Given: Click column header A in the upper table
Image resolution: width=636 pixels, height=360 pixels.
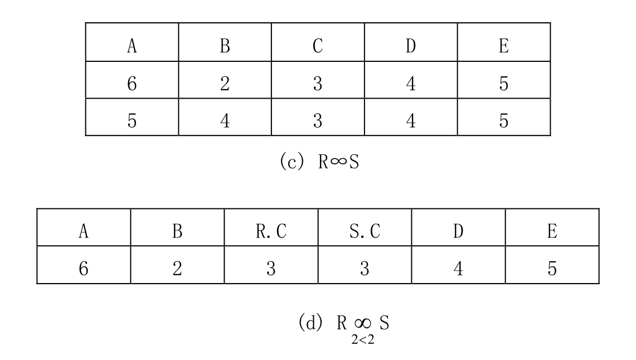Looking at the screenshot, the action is (x=132, y=46).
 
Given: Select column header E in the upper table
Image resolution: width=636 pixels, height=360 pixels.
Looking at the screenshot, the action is (x=504, y=46).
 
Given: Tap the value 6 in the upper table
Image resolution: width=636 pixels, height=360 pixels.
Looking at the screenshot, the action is (x=132, y=84).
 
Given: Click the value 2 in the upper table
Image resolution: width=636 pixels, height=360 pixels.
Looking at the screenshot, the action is (x=225, y=84).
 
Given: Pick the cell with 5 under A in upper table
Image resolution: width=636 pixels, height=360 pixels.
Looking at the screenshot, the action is (x=132, y=121).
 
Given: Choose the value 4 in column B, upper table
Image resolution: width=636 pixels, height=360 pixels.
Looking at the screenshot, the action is (x=225, y=121).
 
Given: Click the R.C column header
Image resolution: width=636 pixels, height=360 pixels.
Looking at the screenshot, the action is (x=271, y=231).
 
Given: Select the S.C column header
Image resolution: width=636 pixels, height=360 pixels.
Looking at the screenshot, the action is (x=365, y=231).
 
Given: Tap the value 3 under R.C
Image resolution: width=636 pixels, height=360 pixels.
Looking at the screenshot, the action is (x=271, y=269).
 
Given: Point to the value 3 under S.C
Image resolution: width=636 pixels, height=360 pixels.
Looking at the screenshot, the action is (x=365, y=269).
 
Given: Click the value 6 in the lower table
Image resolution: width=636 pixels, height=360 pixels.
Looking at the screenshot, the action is (x=84, y=269).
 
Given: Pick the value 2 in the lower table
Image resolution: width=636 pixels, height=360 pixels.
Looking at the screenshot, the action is (x=177, y=269).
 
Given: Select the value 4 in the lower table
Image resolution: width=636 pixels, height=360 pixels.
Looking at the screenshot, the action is (x=458, y=269).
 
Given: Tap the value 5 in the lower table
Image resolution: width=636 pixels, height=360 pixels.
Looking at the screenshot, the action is (x=552, y=269).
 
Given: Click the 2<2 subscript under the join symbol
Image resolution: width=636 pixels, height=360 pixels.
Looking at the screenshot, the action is (x=363, y=340).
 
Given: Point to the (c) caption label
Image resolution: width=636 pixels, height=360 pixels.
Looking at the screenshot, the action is (x=292, y=162).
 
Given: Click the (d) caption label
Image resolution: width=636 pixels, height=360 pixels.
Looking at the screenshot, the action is (x=310, y=323).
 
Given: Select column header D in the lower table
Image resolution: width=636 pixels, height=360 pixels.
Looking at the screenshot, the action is (x=458, y=231).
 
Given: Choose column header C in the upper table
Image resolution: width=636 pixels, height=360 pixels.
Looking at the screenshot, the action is (x=318, y=46).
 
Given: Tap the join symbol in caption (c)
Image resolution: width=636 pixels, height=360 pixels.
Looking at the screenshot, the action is (x=339, y=162).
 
